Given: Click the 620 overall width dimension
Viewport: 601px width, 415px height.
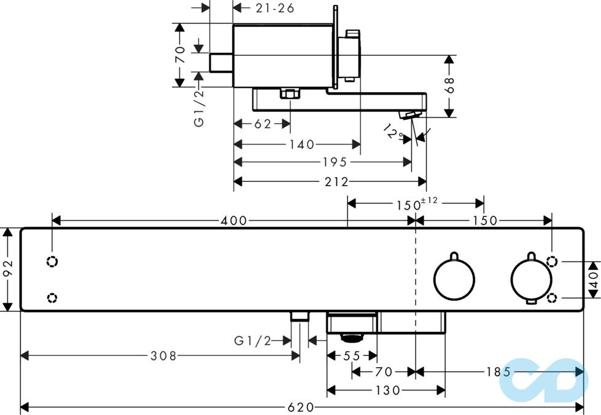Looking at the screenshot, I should tap(301, 407).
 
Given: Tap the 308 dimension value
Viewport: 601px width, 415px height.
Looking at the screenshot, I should tap(164, 355).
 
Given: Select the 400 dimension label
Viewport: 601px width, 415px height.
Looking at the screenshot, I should tap(234, 220).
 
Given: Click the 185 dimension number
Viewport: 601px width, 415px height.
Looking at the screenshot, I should tap(498, 371).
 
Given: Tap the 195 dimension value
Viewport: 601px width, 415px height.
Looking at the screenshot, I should tap(335, 162).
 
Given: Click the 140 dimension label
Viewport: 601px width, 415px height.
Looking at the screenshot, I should tap(301, 144).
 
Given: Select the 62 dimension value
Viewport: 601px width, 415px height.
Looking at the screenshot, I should tap(263, 124).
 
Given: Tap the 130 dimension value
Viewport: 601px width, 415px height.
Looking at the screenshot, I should tap(387, 390).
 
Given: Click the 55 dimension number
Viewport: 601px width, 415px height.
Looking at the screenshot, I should tap(351, 355).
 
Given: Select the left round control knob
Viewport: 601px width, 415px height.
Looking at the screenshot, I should tap(454, 279).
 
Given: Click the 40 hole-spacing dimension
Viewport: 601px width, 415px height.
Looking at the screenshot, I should tap(594, 280).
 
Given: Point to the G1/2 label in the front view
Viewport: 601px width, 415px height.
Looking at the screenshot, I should tap(253, 340).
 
